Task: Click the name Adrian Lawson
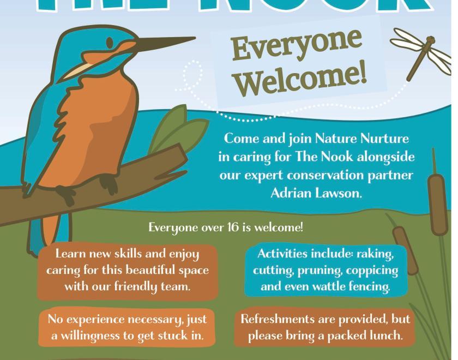[316, 194]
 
